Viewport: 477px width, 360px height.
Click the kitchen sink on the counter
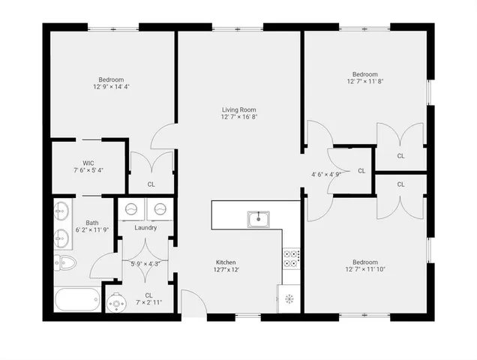point(259,218)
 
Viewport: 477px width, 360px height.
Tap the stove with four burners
point(291,258)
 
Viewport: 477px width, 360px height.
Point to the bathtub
point(77,301)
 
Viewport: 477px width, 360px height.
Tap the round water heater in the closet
point(117,302)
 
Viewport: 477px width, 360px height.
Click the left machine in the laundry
point(131,209)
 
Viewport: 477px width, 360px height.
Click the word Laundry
point(145,227)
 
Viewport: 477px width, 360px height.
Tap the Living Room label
point(239,110)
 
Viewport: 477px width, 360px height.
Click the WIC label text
point(88,162)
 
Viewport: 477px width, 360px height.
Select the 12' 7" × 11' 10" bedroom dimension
point(365,269)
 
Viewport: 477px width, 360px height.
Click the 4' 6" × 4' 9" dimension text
point(326,174)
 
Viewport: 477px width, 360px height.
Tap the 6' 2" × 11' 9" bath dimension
point(91,229)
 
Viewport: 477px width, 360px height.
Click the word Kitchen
point(226,262)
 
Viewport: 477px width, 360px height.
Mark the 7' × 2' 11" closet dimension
point(148,302)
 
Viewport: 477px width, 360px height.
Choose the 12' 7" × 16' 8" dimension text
point(239,118)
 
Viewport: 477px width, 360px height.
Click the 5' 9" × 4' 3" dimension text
point(145,263)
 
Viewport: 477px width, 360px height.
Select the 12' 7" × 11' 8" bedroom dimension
point(365,82)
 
